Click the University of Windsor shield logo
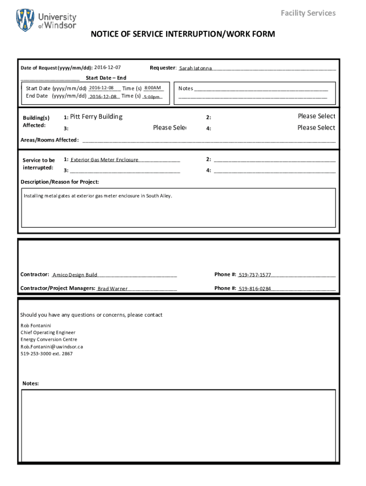[x=25, y=20]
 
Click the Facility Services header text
[x=308, y=13]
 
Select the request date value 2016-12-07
[x=107, y=67]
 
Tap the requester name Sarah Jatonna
[x=195, y=68]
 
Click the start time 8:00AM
[x=153, y=88]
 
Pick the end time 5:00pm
[x=152, y=97]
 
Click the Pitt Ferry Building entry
[x=96, y=117]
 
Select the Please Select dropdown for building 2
[x=316, y=116]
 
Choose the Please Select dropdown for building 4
[x=316, y=128]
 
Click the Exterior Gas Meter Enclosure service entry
[x=105, y=160]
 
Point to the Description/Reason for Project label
[x=60, y=182]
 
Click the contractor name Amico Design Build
[x=75, y=275]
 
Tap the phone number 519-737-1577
[x=255, y=275]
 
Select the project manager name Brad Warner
[x=113, y=289]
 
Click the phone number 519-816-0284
[x=255, y=289]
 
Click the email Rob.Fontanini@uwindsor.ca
[x=52, y=346]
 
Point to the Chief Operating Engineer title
[x=48, y=333]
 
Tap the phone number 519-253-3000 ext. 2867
[x=47, y=354]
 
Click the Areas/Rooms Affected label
[x=49, y=140]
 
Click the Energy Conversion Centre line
[x=48, y=339]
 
